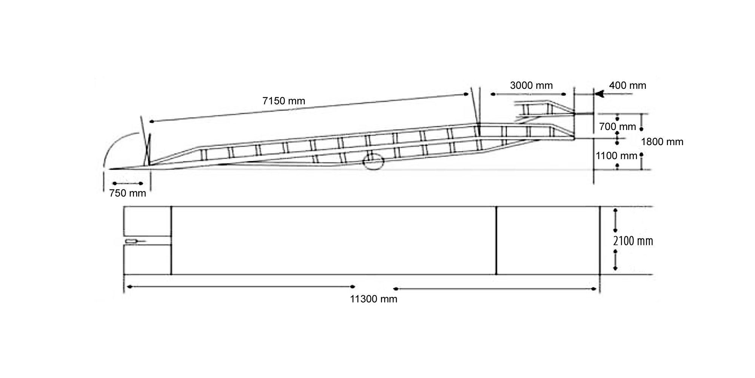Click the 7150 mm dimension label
click(284, 101)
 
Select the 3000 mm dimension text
click(531, 85)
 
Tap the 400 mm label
click(627, 85)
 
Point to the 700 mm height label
click(617, 127)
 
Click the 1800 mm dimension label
click(662, 142)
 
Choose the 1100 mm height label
click(616, 156)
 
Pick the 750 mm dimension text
click(128, 193)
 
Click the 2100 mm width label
click(633, 241)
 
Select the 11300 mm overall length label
click(373, 299)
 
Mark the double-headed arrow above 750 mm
click(128, 183)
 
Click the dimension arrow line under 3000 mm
click(528, 94)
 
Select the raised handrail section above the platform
click(544, 110)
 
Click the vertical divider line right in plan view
click(496, 240)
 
